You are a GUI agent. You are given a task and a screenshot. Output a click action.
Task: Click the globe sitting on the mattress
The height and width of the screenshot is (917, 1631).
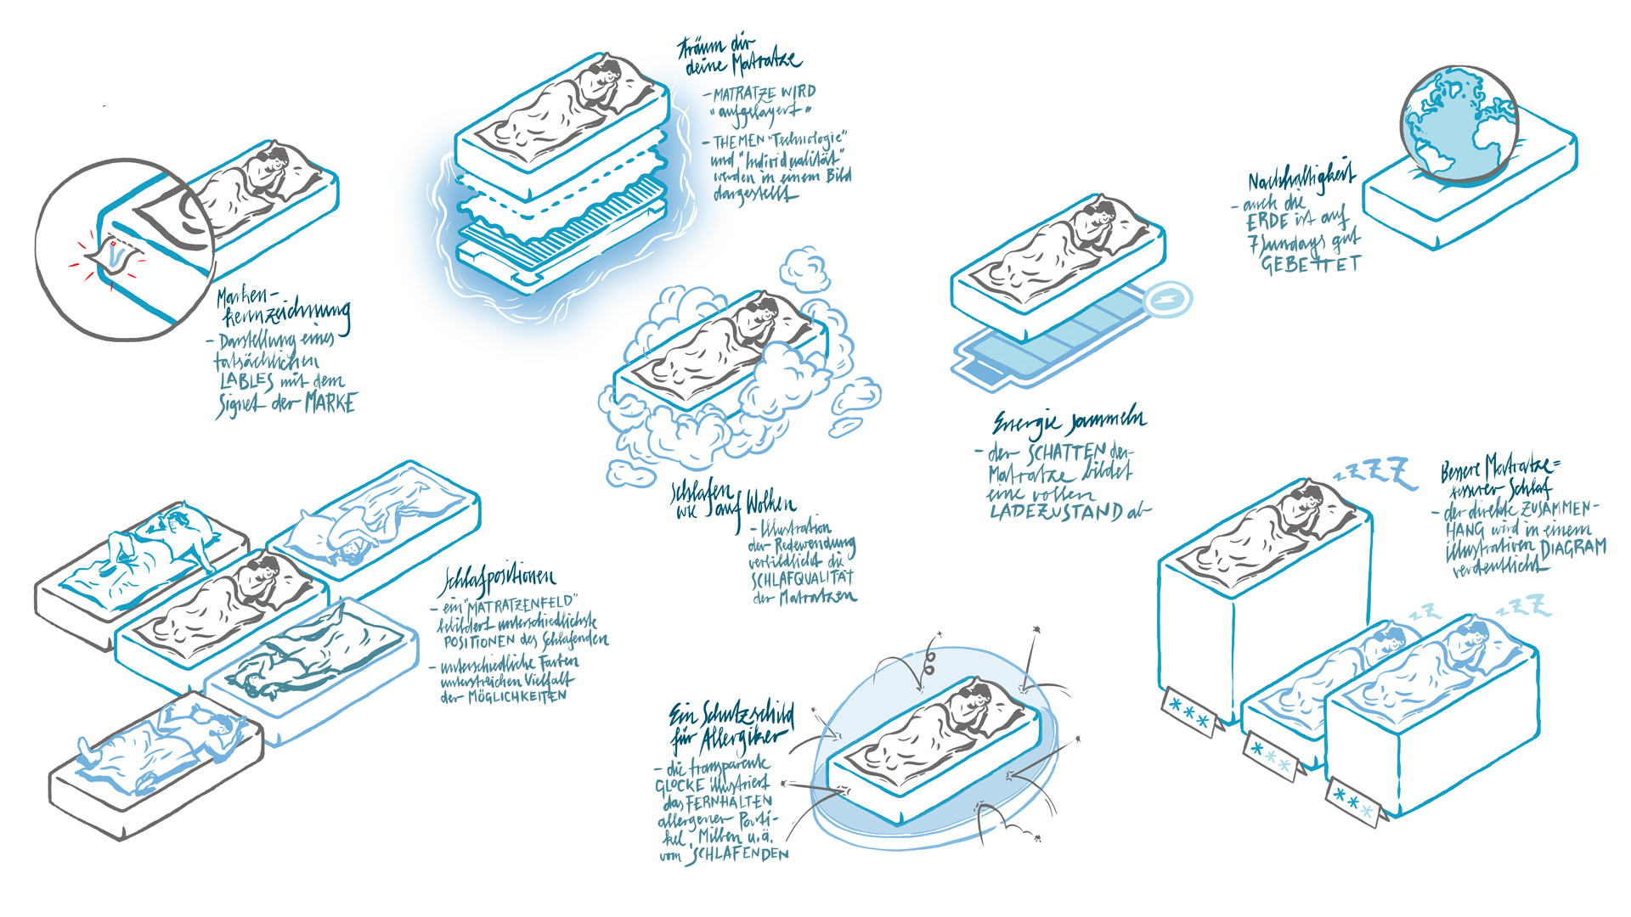tap(1458, 126)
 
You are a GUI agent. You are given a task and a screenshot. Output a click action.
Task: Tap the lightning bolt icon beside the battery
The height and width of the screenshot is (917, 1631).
tap(1168, 299)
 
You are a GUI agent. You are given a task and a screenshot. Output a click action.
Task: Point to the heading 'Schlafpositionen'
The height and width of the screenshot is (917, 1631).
tap(498, 581)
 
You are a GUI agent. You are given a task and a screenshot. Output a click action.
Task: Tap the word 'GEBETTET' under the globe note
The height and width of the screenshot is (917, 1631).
tap(1310, 265)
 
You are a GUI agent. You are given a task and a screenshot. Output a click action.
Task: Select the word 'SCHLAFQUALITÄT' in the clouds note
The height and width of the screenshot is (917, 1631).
tap(802, 579)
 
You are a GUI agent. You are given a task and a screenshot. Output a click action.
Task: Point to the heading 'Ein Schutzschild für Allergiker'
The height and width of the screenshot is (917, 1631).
tap(731, 727)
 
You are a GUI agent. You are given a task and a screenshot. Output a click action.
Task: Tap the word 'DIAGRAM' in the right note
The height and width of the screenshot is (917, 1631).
tap(1573, 548)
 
